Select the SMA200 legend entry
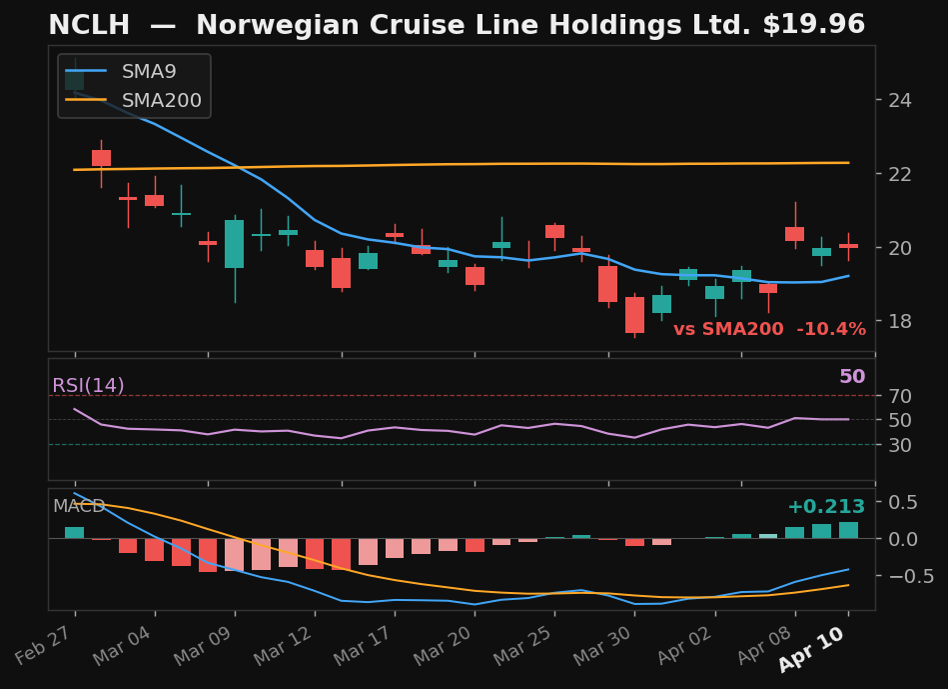(161, 101)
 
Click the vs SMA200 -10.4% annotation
(769, 330)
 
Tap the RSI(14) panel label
(88, 386)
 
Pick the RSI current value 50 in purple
(851, 377)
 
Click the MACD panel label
(79, 507)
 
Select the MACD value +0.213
(825, 507)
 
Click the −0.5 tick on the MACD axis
(904, 576)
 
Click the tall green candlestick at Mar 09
(234, 244)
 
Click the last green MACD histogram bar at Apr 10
(848, 530)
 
